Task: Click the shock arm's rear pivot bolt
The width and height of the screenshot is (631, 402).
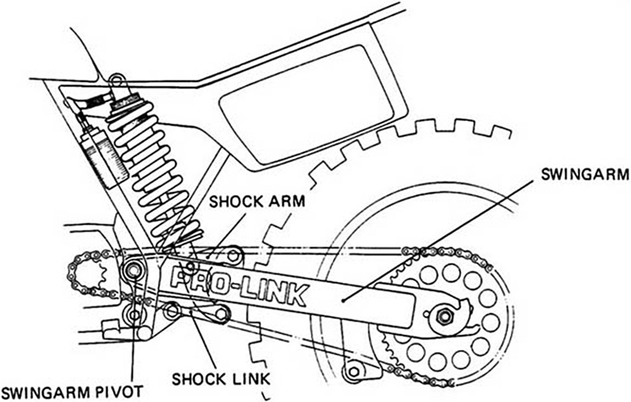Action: [234, 257]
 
